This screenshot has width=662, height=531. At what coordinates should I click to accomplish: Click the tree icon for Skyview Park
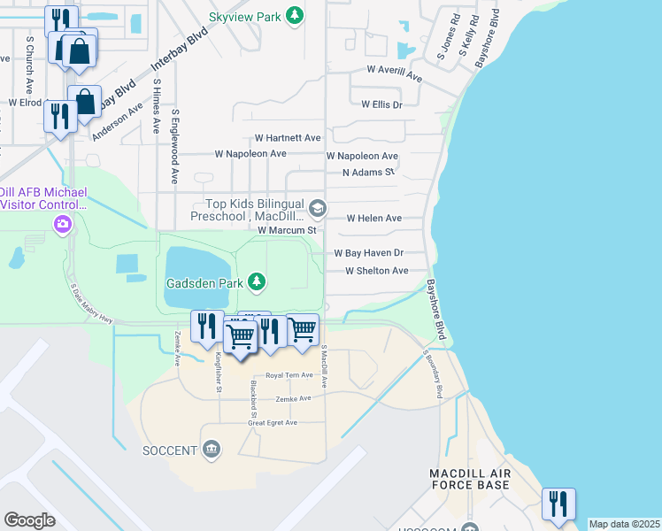point(296,16)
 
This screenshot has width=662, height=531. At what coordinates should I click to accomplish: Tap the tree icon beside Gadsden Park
point(257,282)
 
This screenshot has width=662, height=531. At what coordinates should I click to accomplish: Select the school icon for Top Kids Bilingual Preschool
point(318,210)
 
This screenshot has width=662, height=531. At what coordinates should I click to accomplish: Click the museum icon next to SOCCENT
point(211,450)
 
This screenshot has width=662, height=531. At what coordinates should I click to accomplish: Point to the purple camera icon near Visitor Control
point(62,224)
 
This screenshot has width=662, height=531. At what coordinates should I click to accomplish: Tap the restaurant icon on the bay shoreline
point(558,504)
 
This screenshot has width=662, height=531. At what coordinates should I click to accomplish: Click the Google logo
point(29,519)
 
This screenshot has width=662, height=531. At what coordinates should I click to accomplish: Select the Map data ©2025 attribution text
point(624,524)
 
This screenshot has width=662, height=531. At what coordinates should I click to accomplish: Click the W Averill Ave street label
point(395,74)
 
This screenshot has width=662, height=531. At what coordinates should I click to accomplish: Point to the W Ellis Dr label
point(381,104)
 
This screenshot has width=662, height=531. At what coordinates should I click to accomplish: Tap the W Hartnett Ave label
point(288,138)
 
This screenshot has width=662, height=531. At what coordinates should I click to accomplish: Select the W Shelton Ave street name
point(376,271)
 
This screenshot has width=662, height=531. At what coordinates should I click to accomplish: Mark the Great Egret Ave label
point(273,423)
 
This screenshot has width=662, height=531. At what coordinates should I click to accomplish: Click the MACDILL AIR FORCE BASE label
point(469,480)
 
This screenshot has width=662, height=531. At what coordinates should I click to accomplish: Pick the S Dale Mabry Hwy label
point(93,304)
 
